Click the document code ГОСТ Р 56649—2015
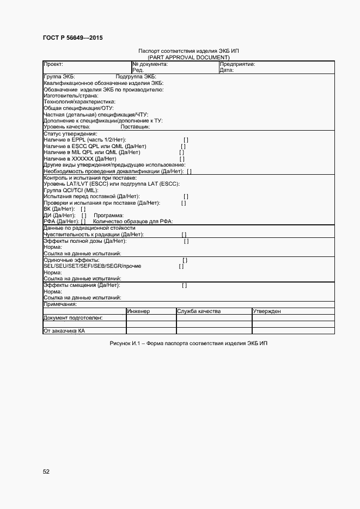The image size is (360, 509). click(72, 38)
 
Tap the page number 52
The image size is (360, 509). click(46, 471)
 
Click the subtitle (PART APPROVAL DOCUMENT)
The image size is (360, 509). click(188, 57)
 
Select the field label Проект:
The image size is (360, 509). click(53, 64)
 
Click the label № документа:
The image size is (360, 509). click(150, 64)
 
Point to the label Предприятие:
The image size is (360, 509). click(237, 64)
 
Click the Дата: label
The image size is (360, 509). click(227, 70)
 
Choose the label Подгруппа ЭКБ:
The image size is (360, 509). click(136, 77)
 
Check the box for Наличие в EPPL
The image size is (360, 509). click(186, 140)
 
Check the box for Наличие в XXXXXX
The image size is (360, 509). click(182, 159)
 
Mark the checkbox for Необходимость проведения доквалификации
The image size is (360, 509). click(189, 171)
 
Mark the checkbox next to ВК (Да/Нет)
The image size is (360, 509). click(83, 209)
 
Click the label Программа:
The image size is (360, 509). click(108, 215)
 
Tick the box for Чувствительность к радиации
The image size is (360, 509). click(184, 235)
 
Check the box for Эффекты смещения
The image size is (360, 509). click(184, 285)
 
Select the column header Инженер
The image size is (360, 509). click(138, 311)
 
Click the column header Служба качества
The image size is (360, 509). click(198, 311)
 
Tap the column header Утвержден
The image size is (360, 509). click(266, 311)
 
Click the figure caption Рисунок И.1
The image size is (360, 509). click(188, 344)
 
